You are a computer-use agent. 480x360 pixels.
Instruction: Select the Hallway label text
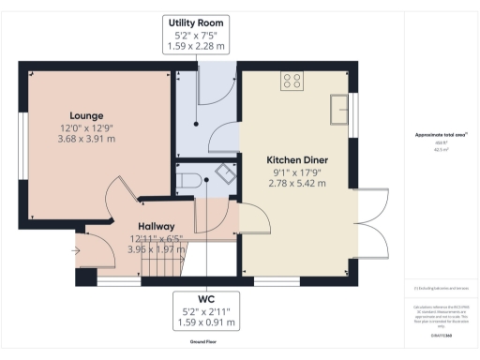point(156,226)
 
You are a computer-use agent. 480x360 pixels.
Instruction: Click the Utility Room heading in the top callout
point(197,22)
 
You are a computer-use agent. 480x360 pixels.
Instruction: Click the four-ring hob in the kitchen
point(292,81)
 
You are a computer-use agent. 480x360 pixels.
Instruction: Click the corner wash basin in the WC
point(225,174)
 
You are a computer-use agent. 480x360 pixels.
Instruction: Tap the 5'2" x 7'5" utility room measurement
point(197,36)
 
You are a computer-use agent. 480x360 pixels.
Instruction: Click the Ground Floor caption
point(203,342)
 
